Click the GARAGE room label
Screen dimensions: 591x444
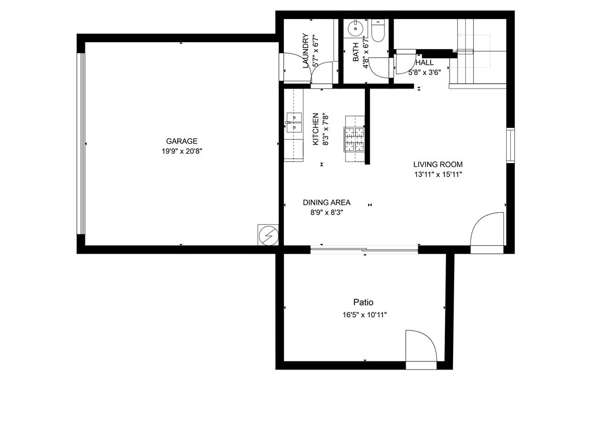[182, 141]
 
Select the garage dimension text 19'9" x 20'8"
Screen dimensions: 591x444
[182, 151]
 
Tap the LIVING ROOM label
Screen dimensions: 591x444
[438, 164]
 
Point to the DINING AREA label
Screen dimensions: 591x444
[327, 202]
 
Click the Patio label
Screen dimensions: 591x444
[364, 302]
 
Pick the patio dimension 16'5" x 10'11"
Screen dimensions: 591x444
[365, 315]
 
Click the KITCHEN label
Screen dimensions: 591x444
[316, 129]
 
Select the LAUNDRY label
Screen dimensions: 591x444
[306, 51]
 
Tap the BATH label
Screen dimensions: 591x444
[356, 52]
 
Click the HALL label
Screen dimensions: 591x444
[424, 62]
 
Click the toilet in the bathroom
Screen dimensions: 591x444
[377, 30]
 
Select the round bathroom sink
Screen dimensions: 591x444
[354, 28]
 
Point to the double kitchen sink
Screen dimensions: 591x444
[294, 123]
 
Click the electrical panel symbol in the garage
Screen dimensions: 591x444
[268, 235]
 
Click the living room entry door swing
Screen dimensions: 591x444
[487, 232]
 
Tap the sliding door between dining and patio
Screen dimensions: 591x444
[364, 249]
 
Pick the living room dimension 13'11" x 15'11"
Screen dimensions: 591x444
[438, 175]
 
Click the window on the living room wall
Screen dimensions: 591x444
[510, 145]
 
